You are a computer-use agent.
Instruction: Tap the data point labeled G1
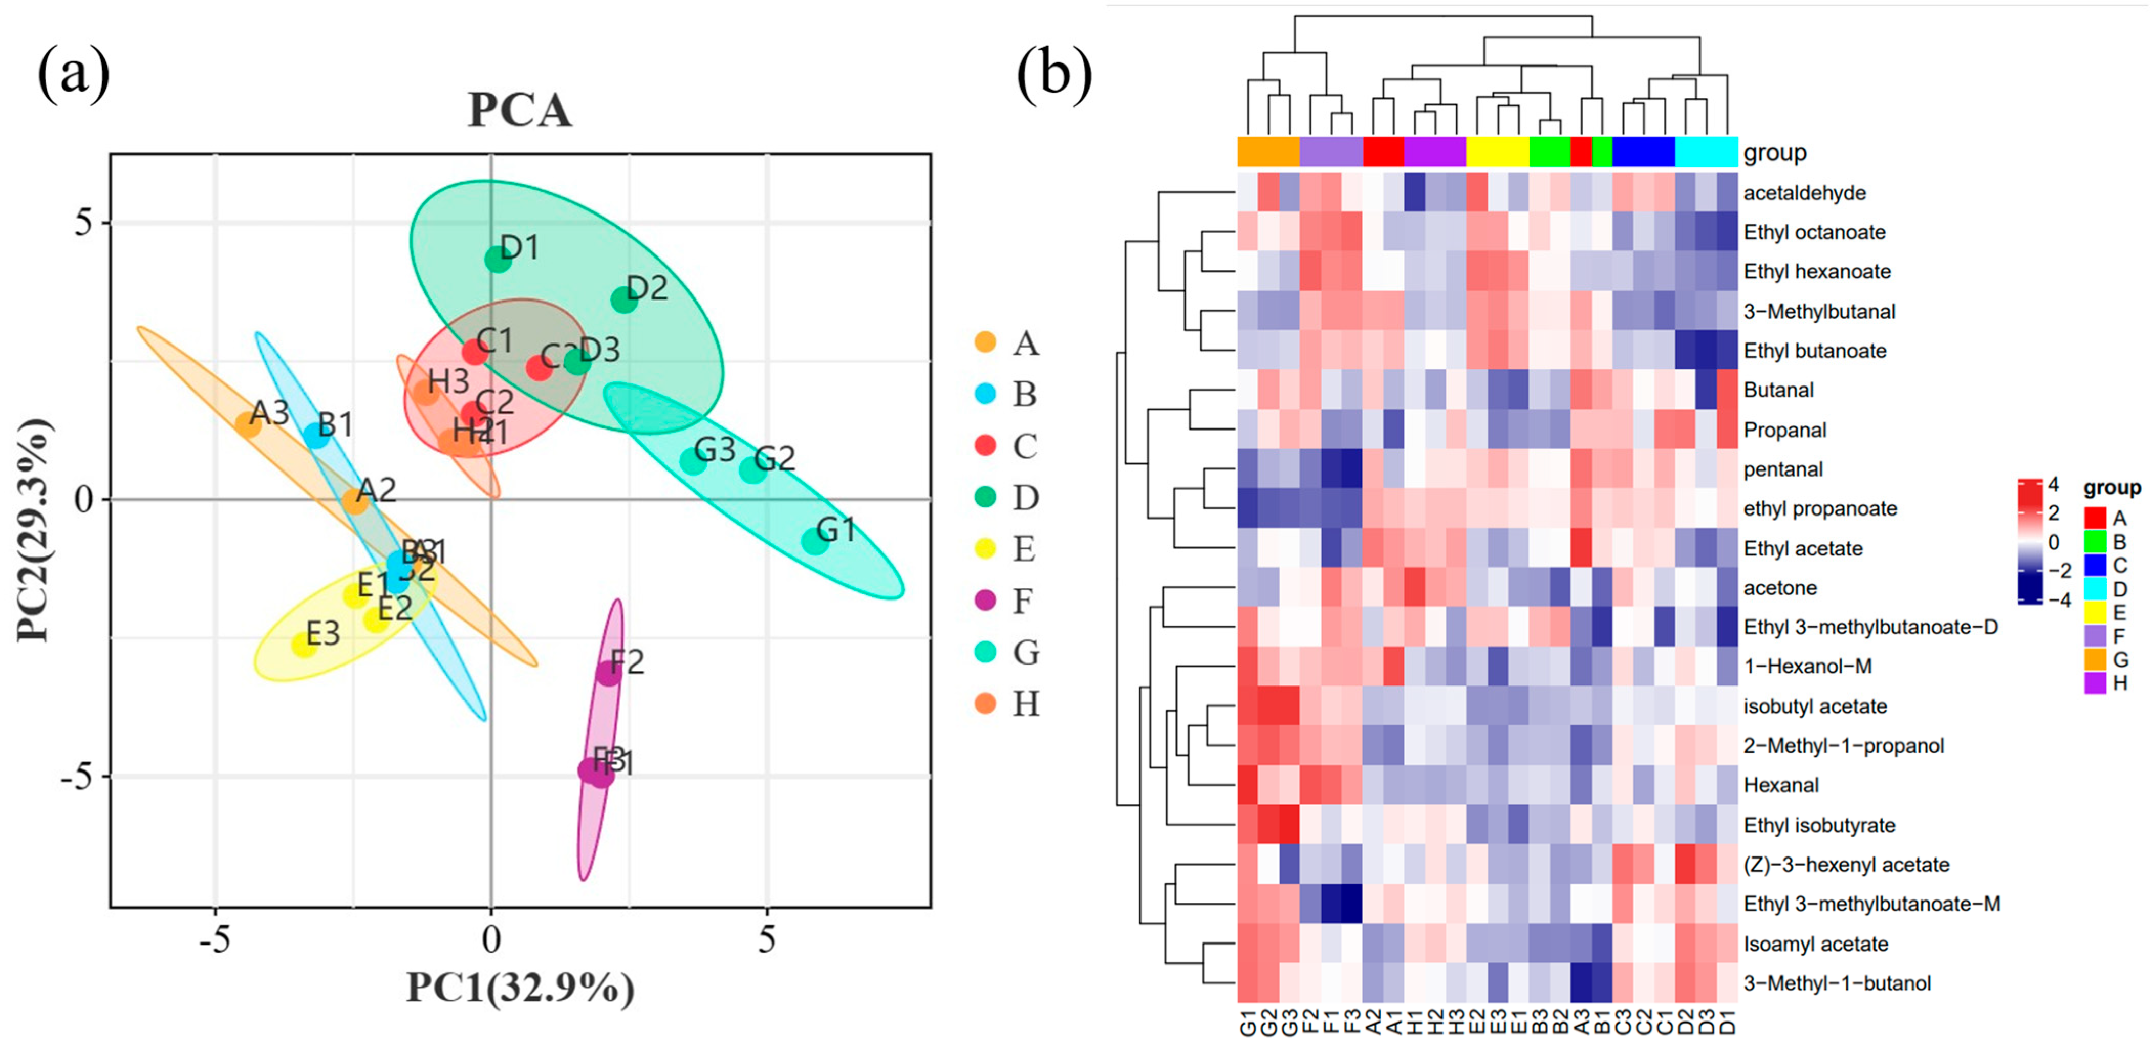pyautogui.click(x=815, y=541)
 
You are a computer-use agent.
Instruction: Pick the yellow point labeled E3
pyautogui.click(x=304, y=645)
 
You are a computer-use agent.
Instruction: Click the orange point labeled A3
pyautogui.click(x=247, y=425)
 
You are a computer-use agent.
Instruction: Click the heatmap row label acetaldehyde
pyautogui.click(x=1804, y=193)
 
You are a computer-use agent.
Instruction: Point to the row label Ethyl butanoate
pyautogui.click(x=1815, y=351)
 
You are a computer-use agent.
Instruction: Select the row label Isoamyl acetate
pyautogui.click(x=1815, y=944)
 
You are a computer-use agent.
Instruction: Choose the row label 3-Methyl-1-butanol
pyautogui.click(x=1836, y=983)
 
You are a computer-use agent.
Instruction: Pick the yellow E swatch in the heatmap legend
pyautogui.click(x=2095, y=612)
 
